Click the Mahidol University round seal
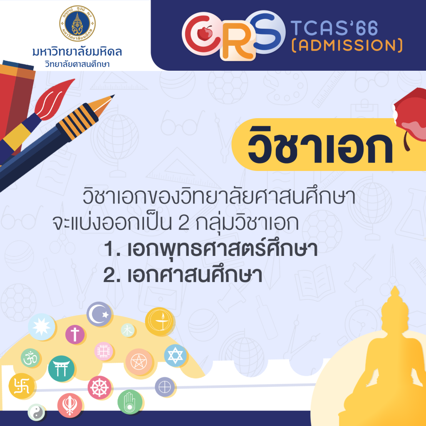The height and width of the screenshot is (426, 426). click(77, 23)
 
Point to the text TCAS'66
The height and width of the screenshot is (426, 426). click(334, 28)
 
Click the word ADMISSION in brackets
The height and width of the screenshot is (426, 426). click(347, 45)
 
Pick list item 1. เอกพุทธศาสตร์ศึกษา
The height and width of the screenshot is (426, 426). click(211, 249)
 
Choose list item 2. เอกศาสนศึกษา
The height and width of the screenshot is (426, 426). click(183, 275)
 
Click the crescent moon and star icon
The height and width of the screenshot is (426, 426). click(99, 314)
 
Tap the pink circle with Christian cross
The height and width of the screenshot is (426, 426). click(75, 334)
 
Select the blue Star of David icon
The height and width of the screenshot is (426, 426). click(175, 355)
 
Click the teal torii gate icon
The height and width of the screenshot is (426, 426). click(62, 369)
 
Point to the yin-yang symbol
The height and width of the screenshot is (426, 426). click(36, 412)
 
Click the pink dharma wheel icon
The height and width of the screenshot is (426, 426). click(99, 388)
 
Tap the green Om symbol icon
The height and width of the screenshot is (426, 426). click(30, 358)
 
